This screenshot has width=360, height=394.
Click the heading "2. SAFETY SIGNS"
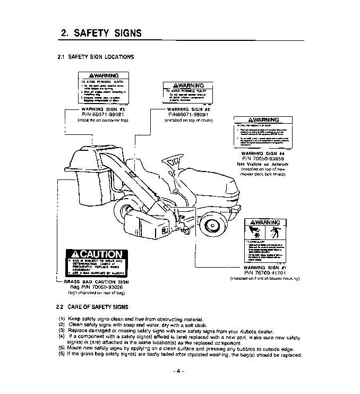101,33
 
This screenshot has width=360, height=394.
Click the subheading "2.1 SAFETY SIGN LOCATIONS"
96,57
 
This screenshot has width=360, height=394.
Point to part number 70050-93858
263,159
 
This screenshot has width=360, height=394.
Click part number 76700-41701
264,272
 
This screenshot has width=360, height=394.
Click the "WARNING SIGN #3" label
97,109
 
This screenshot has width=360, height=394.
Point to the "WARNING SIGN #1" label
264,267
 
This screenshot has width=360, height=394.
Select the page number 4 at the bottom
179,370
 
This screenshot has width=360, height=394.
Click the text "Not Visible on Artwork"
263,164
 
